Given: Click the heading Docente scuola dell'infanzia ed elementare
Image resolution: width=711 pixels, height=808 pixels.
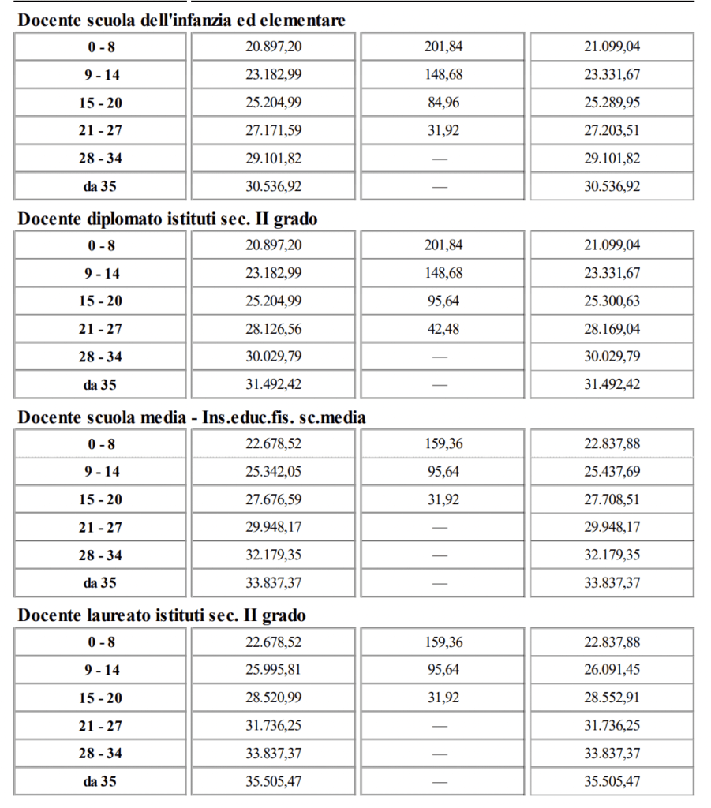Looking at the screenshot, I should click(181, 21).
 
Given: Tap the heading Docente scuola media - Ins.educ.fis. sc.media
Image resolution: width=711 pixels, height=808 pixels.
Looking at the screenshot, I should click(192, 417).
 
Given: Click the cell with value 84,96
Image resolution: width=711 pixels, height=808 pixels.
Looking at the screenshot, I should click(443, 103).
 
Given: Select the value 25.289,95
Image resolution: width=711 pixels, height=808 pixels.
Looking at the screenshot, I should click(612, 103).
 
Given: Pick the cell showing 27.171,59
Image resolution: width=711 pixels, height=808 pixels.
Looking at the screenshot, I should click(273, 130).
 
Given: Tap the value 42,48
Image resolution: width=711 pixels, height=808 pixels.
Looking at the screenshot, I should click(443, 329).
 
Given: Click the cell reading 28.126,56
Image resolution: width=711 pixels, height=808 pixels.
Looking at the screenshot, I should click(273, 329).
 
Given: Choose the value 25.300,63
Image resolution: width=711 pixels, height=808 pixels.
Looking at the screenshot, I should click(612, 301).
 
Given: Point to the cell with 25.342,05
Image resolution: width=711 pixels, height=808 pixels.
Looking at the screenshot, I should click(273, 472).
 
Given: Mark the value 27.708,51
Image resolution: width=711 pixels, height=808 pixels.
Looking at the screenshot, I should click(612, 499).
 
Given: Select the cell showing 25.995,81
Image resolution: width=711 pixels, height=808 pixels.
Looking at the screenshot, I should click(273, 670).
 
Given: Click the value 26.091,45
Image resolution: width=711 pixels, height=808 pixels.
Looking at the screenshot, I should click(612, 670).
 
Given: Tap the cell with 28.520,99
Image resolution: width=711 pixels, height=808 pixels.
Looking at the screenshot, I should click(273, 698).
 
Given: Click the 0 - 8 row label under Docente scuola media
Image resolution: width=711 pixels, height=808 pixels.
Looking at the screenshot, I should click(100, 444).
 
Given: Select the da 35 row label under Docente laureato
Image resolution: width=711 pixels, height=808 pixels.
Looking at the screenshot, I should click(100, 782).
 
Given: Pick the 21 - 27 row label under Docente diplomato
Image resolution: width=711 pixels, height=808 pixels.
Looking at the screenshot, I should click(100, 329).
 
